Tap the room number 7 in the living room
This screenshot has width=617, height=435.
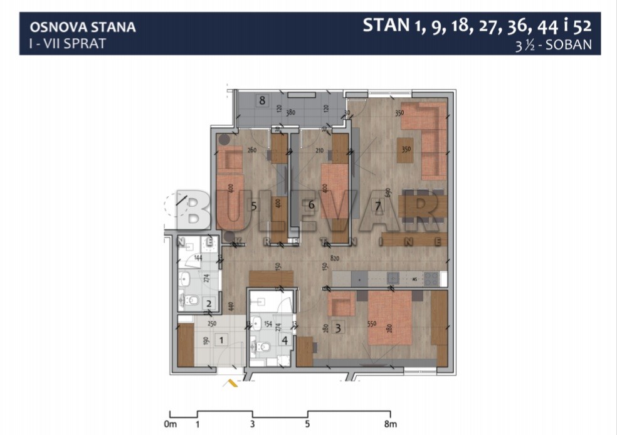point(377,205)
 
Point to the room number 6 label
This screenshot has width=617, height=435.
point(311,205)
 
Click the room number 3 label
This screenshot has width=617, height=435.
point(339,327)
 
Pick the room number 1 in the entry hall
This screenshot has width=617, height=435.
point(220,339)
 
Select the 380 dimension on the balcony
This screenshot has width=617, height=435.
point(290,113)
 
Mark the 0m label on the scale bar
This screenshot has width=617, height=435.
point(169,424)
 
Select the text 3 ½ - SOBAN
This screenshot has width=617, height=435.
point(554,46)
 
